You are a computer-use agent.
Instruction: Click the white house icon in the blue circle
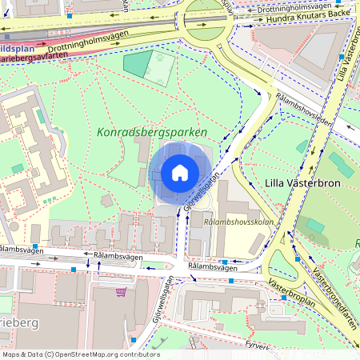179,173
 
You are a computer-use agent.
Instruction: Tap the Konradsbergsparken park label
152,132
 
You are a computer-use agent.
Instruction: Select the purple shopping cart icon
121,292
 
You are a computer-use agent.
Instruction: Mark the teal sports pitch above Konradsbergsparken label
137,64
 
